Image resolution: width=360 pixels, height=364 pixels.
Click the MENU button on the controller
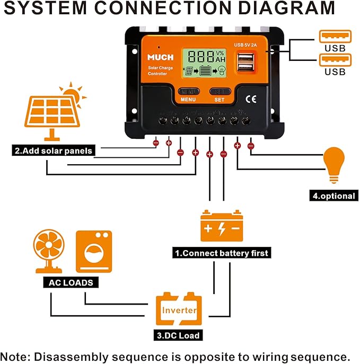[189, 92]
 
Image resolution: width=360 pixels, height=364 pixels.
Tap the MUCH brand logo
[161, 57]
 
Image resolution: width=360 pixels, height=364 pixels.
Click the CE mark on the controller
[251, 99]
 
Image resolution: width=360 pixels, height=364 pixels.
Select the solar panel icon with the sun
[55, 111]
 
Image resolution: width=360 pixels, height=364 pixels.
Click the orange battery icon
[222, 226]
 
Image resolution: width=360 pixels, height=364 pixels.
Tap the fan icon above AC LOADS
[49, 251]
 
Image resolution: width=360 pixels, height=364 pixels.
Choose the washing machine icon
[94, 252]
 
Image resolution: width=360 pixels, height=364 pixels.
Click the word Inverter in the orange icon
[179, 310]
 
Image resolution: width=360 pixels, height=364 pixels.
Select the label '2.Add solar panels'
[54, 150]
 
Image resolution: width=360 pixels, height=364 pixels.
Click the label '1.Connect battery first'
[222, 253]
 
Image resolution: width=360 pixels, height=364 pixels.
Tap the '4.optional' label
[333, 196]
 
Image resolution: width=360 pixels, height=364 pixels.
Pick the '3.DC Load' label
[178, 335]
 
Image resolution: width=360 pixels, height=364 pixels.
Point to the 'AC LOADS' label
[71, 282]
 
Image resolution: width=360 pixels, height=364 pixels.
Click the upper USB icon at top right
[335, 37]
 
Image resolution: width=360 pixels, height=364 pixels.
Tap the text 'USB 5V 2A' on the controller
[245, 45]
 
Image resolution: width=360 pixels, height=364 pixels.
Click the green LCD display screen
[204, 63]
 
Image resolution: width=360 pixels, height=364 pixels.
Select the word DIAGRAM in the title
[287, 8]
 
